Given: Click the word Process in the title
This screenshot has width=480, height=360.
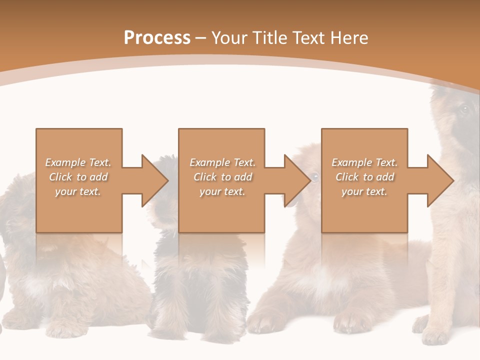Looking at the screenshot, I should [x=157, y=38].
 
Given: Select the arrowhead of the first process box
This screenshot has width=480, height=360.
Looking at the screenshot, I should [x=155, y=180].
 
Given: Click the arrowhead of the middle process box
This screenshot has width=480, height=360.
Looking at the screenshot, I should [x=297, y=180].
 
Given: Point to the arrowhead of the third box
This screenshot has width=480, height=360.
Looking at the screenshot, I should [x=440, y=180].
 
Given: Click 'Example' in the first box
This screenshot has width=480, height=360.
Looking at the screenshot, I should [x=65, y=162].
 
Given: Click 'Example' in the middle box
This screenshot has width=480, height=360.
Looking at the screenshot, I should [x=209, y=162].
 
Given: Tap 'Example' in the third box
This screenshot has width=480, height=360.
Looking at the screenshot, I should [x=351, y=162].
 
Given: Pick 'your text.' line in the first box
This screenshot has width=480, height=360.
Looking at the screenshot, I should [x=78, y=191].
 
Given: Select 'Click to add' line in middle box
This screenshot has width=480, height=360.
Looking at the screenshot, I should [x=222, y=177].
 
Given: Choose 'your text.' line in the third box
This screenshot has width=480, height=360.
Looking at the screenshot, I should [x=364, y=191].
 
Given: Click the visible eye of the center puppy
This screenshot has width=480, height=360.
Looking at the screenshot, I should [x=314, y=176].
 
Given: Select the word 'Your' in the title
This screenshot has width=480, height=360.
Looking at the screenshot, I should [x=229, y=38].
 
